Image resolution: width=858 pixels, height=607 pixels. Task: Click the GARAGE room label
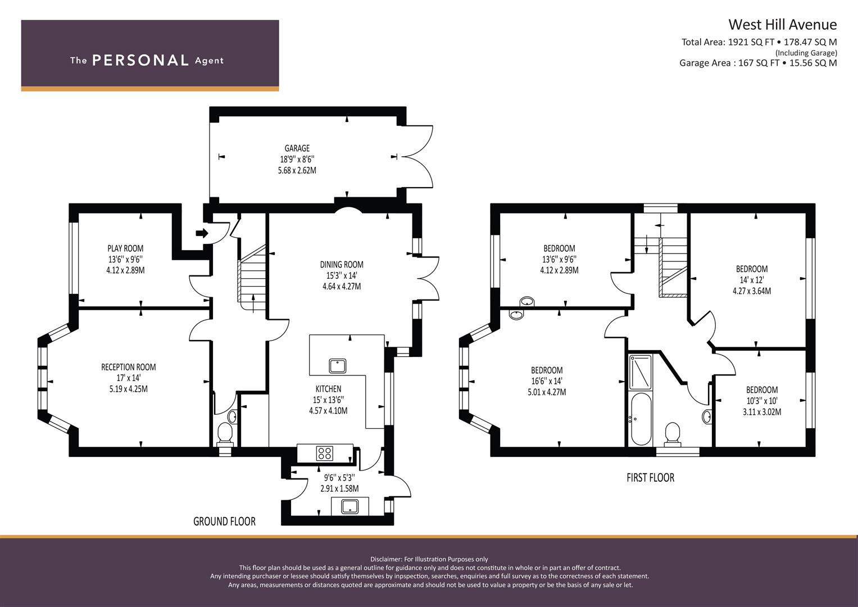point(297,148)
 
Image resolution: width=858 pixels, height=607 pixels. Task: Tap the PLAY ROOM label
point(125,248)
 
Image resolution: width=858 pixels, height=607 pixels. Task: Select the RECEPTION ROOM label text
point(128,367)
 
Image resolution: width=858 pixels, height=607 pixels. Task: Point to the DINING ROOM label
point(342,264)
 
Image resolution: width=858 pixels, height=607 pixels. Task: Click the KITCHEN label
point(328,388)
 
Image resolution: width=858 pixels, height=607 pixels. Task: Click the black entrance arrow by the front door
point(202,233)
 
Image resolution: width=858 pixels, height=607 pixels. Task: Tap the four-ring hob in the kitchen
point(324,454)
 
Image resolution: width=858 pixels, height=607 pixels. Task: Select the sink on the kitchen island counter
point(338,366)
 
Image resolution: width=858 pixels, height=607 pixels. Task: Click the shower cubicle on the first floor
point(641,372)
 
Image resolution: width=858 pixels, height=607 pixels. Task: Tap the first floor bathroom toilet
point(673,435)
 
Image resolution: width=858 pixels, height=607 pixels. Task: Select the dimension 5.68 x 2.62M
point(297,170)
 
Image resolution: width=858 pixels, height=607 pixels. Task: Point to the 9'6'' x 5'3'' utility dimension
point(340,478)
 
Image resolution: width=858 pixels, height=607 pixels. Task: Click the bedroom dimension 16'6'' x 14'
point(547,381)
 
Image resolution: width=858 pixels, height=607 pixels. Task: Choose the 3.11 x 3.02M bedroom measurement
point(762,412)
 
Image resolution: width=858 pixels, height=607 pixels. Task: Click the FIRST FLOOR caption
point(651,478)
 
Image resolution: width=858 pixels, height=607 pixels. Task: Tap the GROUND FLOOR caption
point(224,521)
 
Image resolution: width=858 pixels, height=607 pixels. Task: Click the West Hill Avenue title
point(783,25)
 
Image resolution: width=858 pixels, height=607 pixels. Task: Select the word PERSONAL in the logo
point(140,60)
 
